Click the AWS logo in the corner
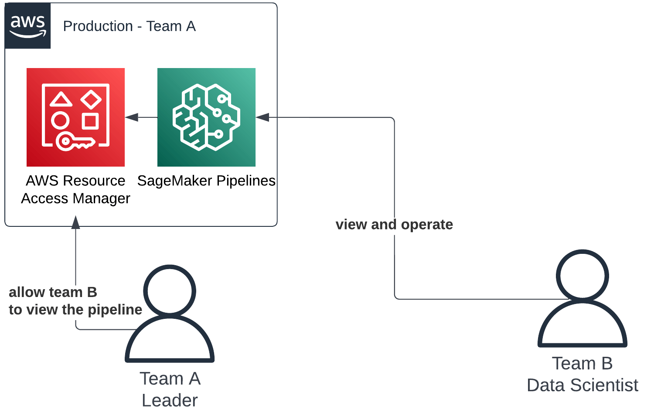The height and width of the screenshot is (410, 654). pyautogui.click(x=27, y=26)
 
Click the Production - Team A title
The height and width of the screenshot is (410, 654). pyautogui.click(x=129, y=26)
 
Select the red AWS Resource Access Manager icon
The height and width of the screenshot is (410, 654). pyautogui.click(x=75, y=117)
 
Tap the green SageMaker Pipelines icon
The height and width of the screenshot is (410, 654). pyautogui.click(x=206, y=117)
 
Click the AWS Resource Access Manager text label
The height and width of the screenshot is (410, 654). pyautogui.click(x=75, y=189)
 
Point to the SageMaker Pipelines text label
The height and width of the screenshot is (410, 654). pyautogui.click(x=206, y=181)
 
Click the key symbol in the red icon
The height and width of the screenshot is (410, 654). pyautogui.click(x=74, y=141)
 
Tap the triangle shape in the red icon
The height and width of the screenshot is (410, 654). pyautogui.click(x=61, y=100)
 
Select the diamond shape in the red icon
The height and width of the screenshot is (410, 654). pyautogui.click(x=91, y=99)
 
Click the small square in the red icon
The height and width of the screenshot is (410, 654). pyautogui.click(x=90, y=121)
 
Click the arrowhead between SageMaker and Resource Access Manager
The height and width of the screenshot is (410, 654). pyautogui.click(x=132, y=117)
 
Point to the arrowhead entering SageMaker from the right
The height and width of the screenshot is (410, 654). pyautogui.click(x=262, y=117)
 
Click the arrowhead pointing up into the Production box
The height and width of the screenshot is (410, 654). pyautogui.click(x=76, y=222)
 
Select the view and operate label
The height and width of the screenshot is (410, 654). pyautogui.click(x=394, y=224)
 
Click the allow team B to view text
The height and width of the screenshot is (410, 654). pyautogui.click(x=75, y=301)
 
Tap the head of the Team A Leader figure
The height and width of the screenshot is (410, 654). pyautogui.click(x=170, y=290)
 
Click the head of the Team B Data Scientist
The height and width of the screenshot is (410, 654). pyautogui.click(x=582, y=276)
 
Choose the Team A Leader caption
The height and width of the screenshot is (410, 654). pyautogui.click(x=170, y=389)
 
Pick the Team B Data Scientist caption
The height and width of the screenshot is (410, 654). pyautogui.click(x=582, y=374)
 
